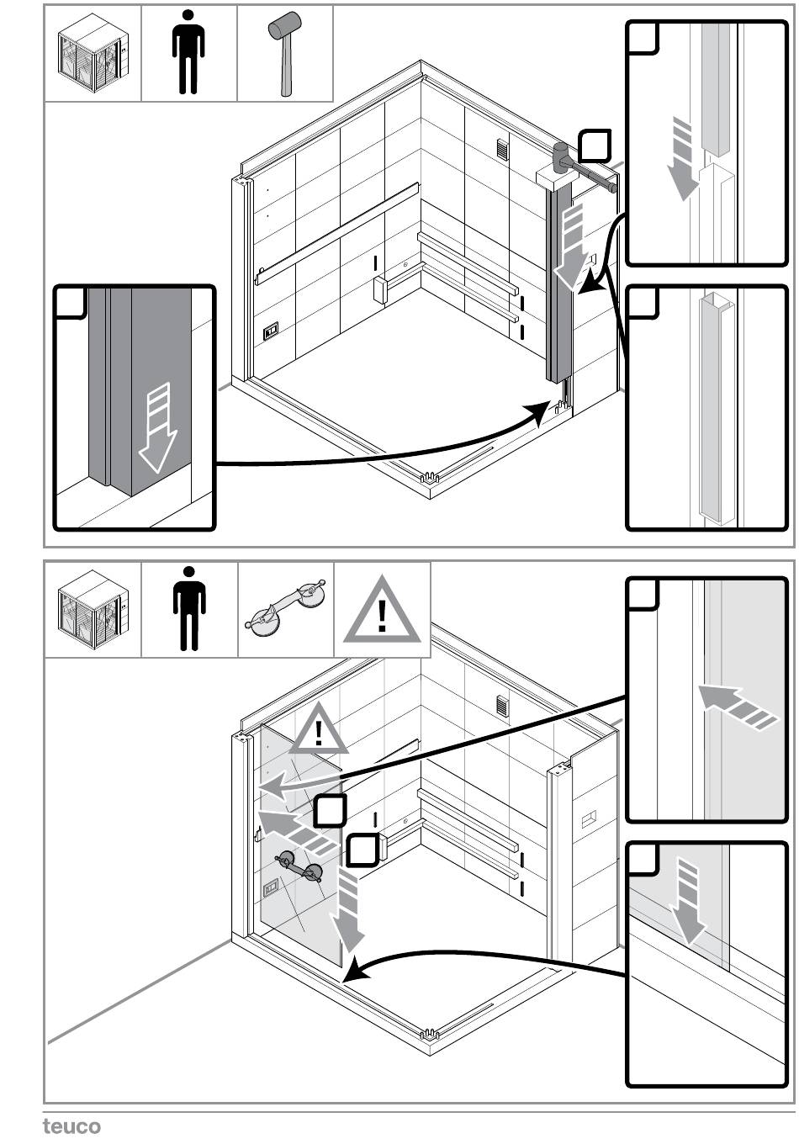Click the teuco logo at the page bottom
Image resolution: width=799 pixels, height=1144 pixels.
[71, 1125]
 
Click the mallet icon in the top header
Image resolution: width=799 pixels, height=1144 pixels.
[284, 52]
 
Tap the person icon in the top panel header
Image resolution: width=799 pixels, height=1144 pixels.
[188, 52]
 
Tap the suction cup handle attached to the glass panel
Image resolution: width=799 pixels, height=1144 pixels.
[299, 867]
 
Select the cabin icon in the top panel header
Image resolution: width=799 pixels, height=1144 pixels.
[93, 52]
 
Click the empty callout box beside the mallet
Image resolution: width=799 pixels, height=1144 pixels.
[595, 145]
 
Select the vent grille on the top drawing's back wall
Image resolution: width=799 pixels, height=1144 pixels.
[502, 150]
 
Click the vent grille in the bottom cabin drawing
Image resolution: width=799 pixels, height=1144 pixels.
[503, 705]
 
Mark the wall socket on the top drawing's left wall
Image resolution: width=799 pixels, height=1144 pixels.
[271, 330]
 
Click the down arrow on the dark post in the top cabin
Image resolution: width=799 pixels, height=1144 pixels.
[573, 249]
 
